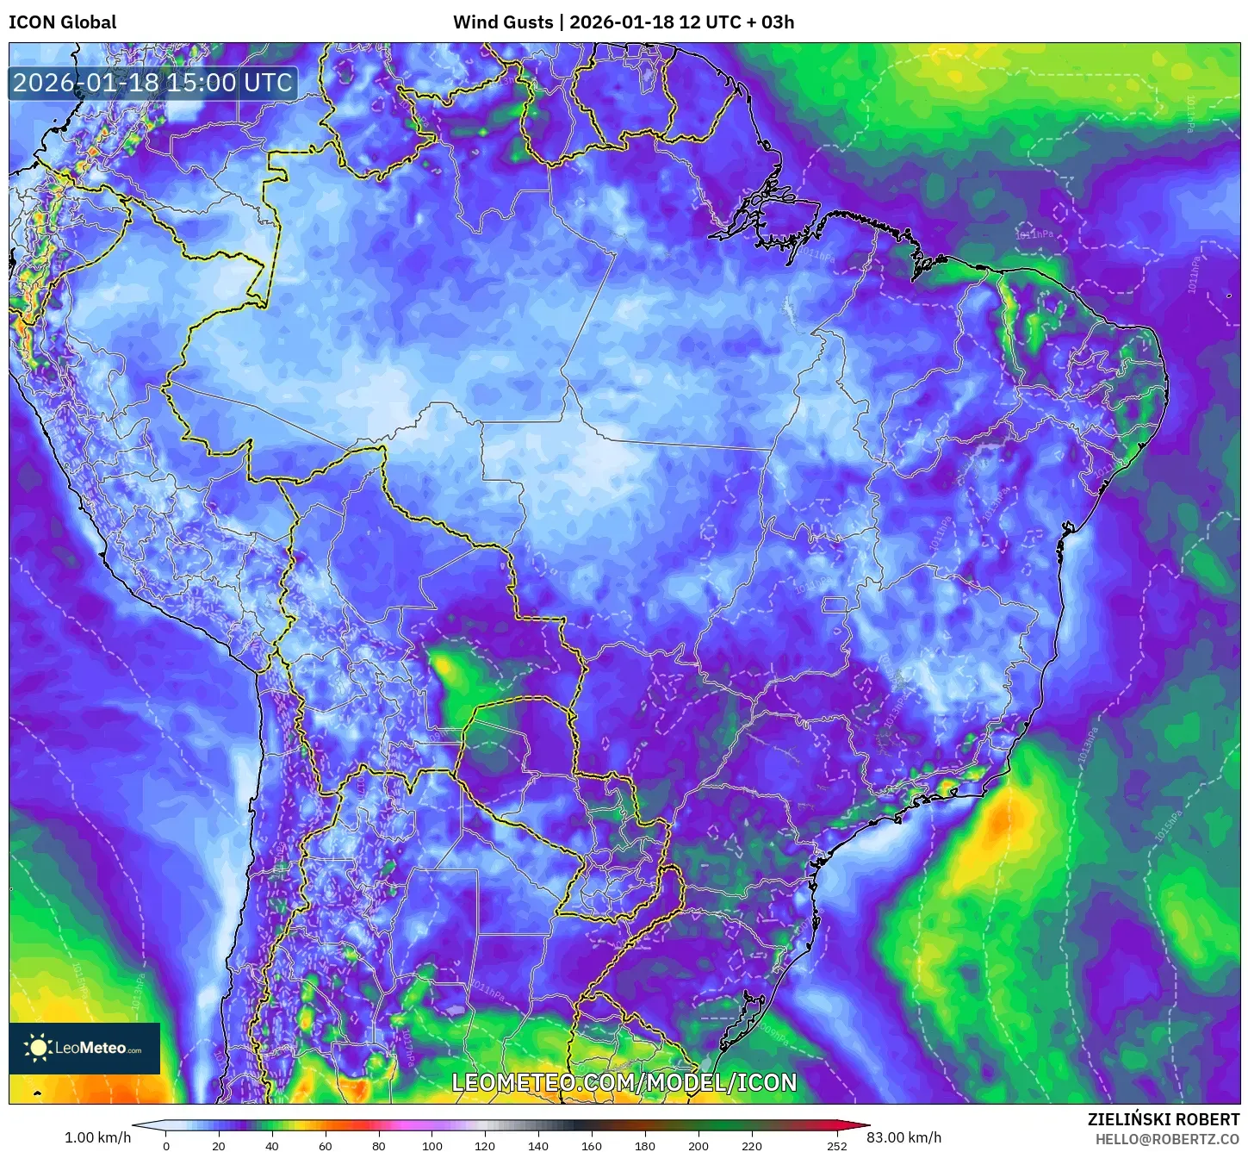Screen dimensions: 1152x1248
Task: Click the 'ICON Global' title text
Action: pos(62,22)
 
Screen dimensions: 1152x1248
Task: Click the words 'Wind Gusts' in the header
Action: pos(503,22)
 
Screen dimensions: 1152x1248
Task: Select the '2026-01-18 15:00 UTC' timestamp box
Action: pos(153,84)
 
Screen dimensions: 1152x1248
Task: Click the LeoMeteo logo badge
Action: pos(84,1048)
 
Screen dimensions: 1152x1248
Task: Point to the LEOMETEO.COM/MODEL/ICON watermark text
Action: pos(624,1083)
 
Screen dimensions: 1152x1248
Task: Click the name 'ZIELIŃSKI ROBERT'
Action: pos(1163,1120)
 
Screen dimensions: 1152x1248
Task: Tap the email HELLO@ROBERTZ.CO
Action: pos(1167,1139)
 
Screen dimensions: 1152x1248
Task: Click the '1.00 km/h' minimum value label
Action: pos(98,1137)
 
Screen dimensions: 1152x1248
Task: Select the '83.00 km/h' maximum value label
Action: pos(903,1137)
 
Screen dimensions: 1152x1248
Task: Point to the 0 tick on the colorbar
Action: pos(166,1146)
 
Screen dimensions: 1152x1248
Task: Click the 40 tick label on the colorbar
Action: pos(272,1146)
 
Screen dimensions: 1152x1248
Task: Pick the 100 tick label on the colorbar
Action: pos(432,1146)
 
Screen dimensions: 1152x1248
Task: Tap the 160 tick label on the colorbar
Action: pos(592,1146)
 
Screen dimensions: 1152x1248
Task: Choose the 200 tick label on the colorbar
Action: pos(699,1146)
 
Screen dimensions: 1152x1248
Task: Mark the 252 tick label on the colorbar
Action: pos(837,1146)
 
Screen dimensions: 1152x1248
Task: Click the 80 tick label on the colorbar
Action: pos(379,1146)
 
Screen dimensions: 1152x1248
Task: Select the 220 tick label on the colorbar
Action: pos(752,1146)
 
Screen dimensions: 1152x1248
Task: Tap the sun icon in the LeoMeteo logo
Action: pos(38,1048)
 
